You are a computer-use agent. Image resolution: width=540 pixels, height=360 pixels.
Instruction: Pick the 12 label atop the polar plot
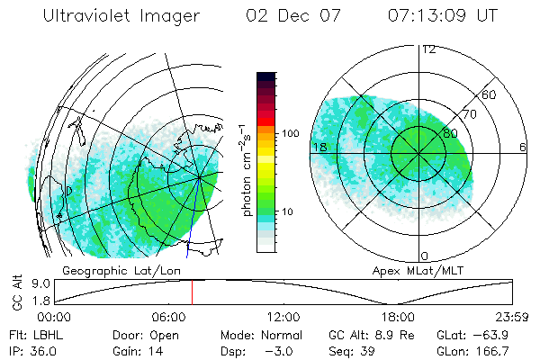click(x=428, y=49)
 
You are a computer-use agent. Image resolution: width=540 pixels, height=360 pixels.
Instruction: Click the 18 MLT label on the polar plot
click(x=319, y=147)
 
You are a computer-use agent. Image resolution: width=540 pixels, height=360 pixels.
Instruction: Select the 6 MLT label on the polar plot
click(x=523, y=147)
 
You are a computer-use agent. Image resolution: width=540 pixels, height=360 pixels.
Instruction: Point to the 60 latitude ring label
click(x=490, y=94)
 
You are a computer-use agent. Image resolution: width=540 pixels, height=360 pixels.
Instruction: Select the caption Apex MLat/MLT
click(x=416, y=270)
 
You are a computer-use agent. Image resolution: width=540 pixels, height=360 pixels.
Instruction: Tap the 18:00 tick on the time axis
click(x=399, y=318)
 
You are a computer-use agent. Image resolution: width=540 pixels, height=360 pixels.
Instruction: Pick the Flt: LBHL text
click(x=31, y=335)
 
